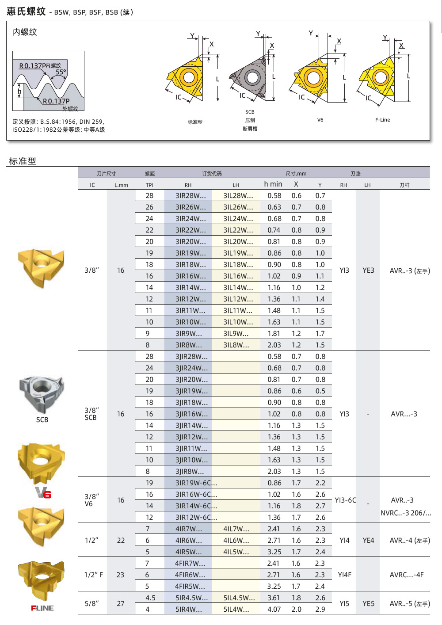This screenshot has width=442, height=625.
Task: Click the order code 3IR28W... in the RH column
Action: coord(191,196)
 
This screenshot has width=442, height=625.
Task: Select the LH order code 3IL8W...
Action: coord(236,345)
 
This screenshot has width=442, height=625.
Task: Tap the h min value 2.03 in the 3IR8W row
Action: coord(274,345)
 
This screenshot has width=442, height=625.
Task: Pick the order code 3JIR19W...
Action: coord(191,391)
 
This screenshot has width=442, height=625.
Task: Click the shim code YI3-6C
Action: coord(345,500)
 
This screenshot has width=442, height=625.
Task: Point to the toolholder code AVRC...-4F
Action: coord(406,575)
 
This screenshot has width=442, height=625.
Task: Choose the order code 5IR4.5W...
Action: coord(191,598)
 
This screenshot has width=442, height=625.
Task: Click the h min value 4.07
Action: coord(274,610)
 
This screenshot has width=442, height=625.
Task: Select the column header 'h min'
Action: coord(273,184)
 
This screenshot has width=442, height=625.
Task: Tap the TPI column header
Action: coord(149,185)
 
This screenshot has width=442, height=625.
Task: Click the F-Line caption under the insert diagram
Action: coord(382,120)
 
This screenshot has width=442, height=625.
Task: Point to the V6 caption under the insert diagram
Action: coord(320,120)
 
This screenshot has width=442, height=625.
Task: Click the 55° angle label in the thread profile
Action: coord(61,72)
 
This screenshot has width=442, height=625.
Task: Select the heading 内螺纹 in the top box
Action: coord(25,32)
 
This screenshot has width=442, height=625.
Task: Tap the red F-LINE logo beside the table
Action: coord(42,608)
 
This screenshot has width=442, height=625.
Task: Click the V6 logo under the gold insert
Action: coord(43,492)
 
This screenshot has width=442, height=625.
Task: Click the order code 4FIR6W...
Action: coord(190,575)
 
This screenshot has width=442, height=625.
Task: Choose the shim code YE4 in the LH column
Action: coord(368,541)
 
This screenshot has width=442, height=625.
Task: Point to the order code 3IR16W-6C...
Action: coord(196,495)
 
